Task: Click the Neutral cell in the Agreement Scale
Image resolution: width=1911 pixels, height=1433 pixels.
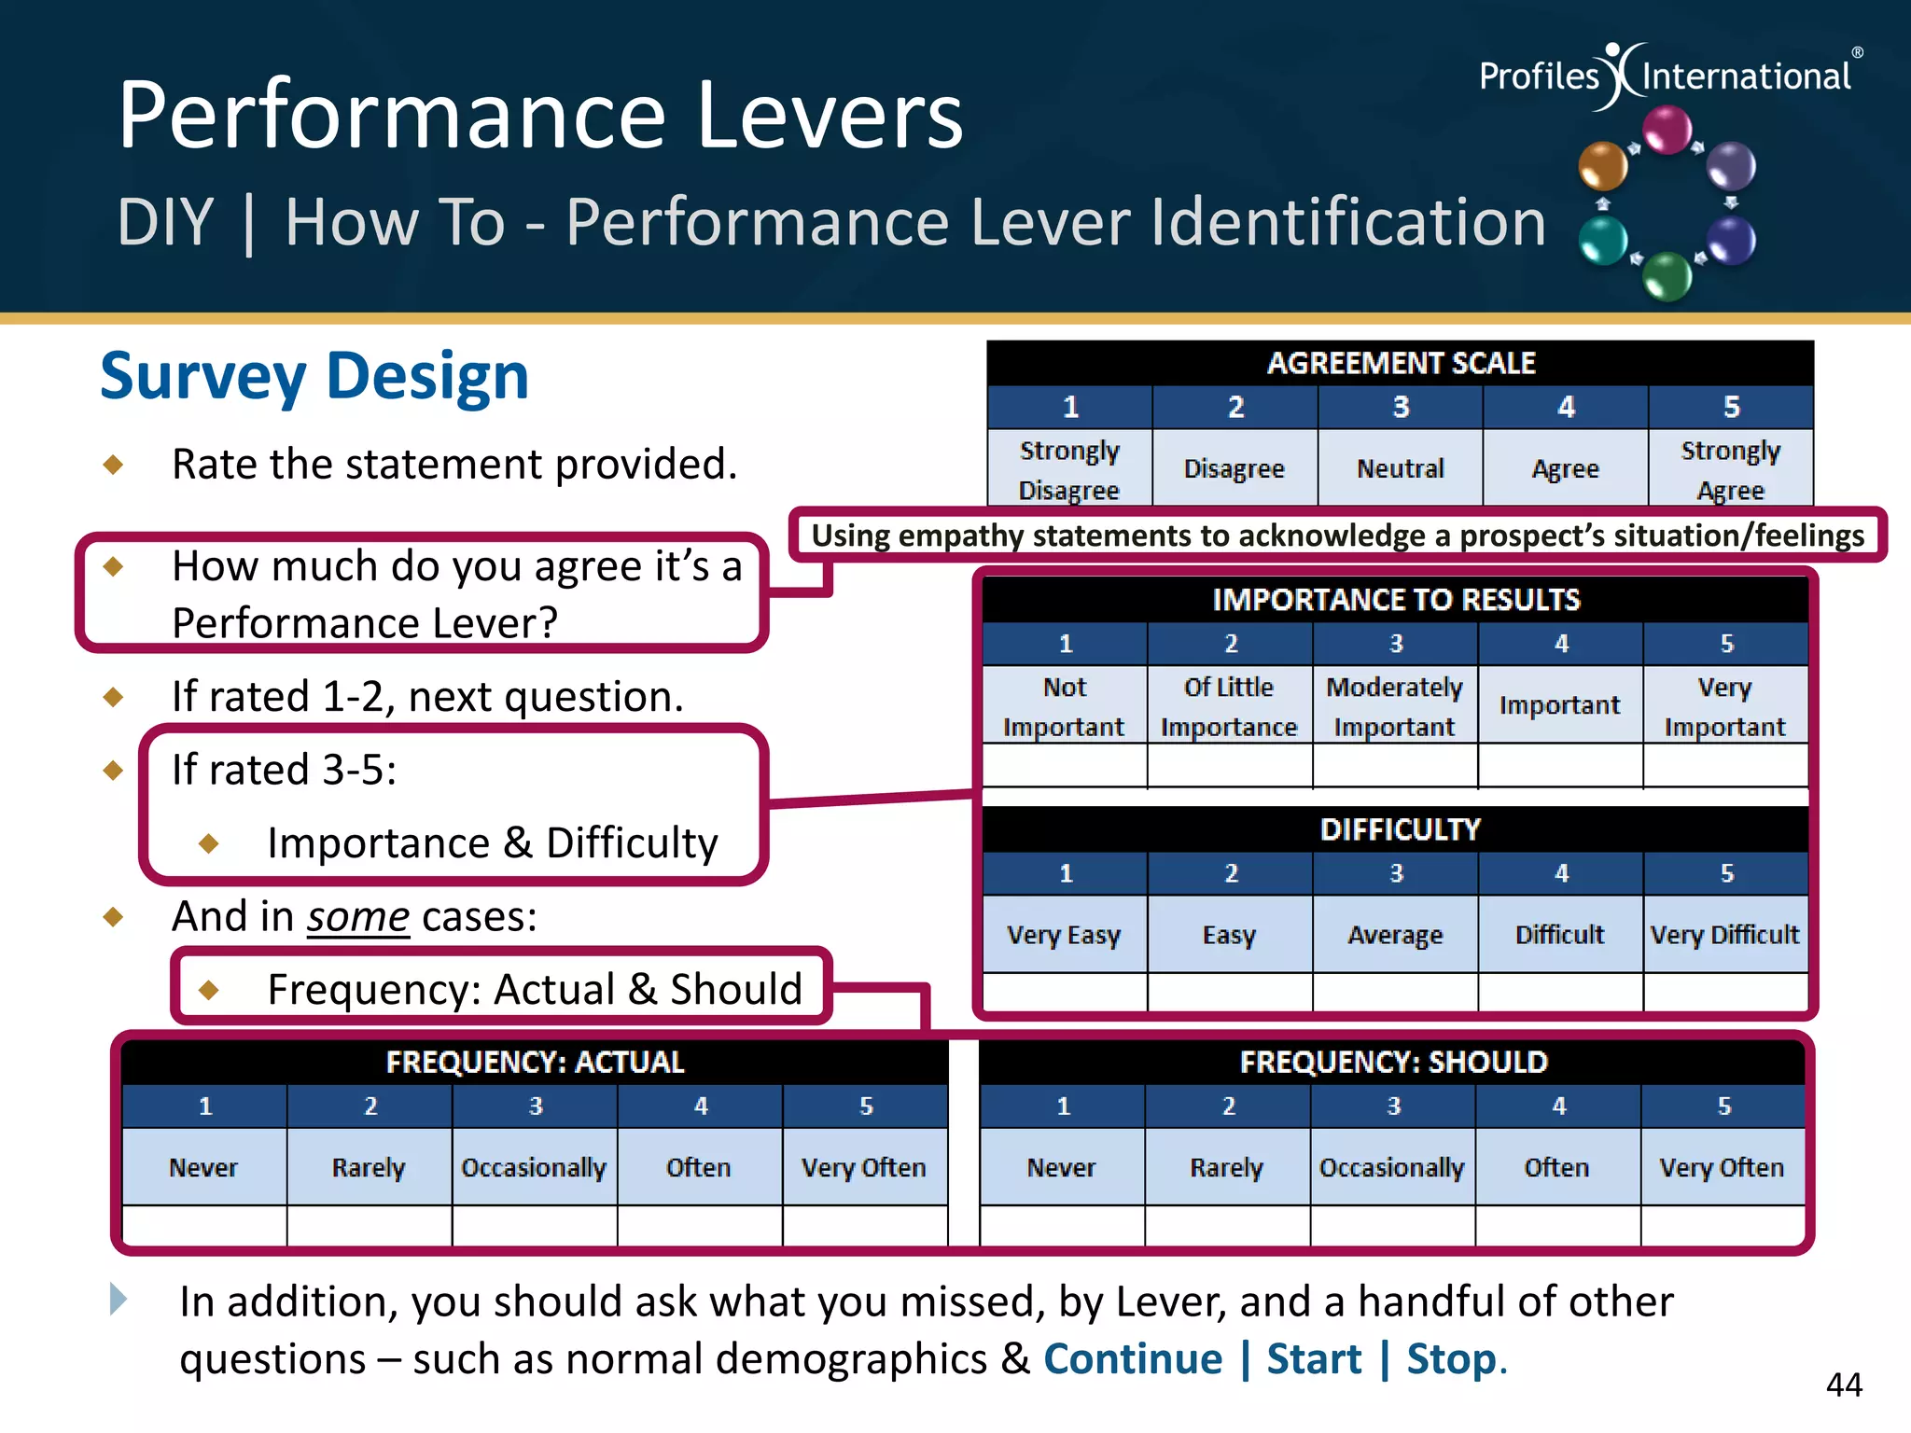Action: (x=1400, y=468)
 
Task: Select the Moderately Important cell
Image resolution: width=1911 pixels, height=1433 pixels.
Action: (x=1394, y=706)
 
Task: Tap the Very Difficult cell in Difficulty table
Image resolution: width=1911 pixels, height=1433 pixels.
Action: (x=1724, y=935)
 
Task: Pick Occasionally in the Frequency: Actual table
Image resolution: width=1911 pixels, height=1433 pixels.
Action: (x=534, y=1167)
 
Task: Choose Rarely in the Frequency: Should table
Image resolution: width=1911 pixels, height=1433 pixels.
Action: (x=1226, y=1167)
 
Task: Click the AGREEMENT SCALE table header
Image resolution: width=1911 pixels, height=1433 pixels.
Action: (x=1401, y=363)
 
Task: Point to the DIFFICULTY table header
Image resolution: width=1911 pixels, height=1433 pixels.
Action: (x=1400, y=829)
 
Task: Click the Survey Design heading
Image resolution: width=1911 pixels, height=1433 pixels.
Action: (x=314, y=376)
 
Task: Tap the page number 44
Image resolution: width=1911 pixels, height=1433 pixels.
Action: (x=1844, y=1384)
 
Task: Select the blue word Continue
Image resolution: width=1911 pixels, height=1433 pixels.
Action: (x=1132, y=1359)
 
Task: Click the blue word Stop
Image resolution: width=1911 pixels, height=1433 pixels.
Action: (x=1451, y=1359)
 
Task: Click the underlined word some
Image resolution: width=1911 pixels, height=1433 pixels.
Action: (x=358, y=917)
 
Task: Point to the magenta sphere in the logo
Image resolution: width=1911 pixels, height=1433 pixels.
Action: (x=1667, y=130)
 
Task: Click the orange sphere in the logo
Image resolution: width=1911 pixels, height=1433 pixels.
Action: (x=1602, y=166)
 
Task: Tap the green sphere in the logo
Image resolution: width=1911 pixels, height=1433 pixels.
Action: (x=1667, y=276)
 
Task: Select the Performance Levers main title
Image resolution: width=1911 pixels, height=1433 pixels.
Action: (x=540, y=115)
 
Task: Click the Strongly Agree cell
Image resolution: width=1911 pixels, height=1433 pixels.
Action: (x=1730, y=469)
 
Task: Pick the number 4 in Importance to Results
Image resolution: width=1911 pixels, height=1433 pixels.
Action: (x=1561, y=644)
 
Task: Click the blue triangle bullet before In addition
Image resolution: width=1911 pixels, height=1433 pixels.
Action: (x=119, y=1299)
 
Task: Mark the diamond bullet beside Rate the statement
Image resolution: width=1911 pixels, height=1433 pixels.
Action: (x=114, y=464)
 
